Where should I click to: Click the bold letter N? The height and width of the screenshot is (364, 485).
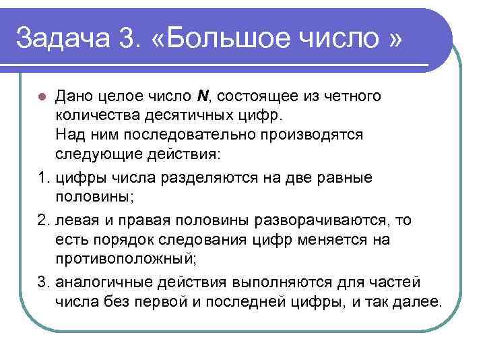click(201, 96)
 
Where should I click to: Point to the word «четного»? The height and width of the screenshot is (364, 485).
click(348, 96)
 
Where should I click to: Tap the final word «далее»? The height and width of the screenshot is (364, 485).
click(418, 300)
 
